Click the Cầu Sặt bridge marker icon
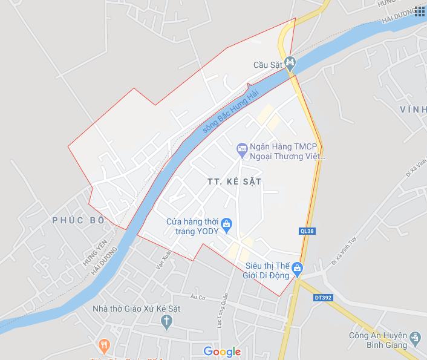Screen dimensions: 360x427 290,62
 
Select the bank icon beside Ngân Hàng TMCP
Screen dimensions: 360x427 241,147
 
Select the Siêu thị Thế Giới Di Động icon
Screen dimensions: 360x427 297,267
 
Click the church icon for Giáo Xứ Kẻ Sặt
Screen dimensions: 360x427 167,322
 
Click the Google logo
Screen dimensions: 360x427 222,352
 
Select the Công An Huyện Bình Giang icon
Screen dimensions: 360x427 415,337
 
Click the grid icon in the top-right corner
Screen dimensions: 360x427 419,11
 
